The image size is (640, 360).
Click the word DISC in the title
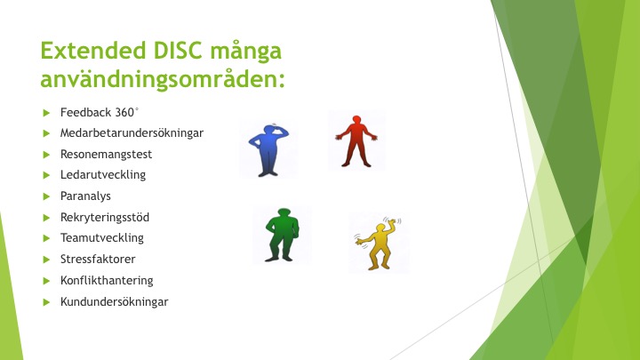[x=178, y=51]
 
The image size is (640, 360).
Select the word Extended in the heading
[x=93, y=51]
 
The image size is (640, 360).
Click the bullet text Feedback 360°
[x=100, y=112]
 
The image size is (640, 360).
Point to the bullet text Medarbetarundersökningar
[x=132, y=133]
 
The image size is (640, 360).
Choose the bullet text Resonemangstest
[x=106, y=155]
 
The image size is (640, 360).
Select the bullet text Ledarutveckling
[x=103, y=175]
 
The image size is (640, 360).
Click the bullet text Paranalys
[x=85, y=196]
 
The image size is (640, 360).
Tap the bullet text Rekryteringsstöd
[x=105, y=217]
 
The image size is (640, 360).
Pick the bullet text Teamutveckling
[x=102, y=238]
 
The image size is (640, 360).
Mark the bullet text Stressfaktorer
[x=98, y=260]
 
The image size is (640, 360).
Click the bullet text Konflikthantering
[x=107, y=280]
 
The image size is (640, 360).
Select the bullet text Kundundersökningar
[x=115, y=302]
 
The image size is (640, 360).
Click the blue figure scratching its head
[x=268, y=150]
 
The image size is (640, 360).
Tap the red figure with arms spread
[x=356, y=141]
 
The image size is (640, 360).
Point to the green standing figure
[x=282, y=235]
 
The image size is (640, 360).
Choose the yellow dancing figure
[x=378, y=244]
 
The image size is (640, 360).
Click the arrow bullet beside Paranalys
[x=46, y=196]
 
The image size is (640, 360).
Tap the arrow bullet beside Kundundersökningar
[x=46, y=302]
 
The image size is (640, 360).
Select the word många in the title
[x=245, y=52]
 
